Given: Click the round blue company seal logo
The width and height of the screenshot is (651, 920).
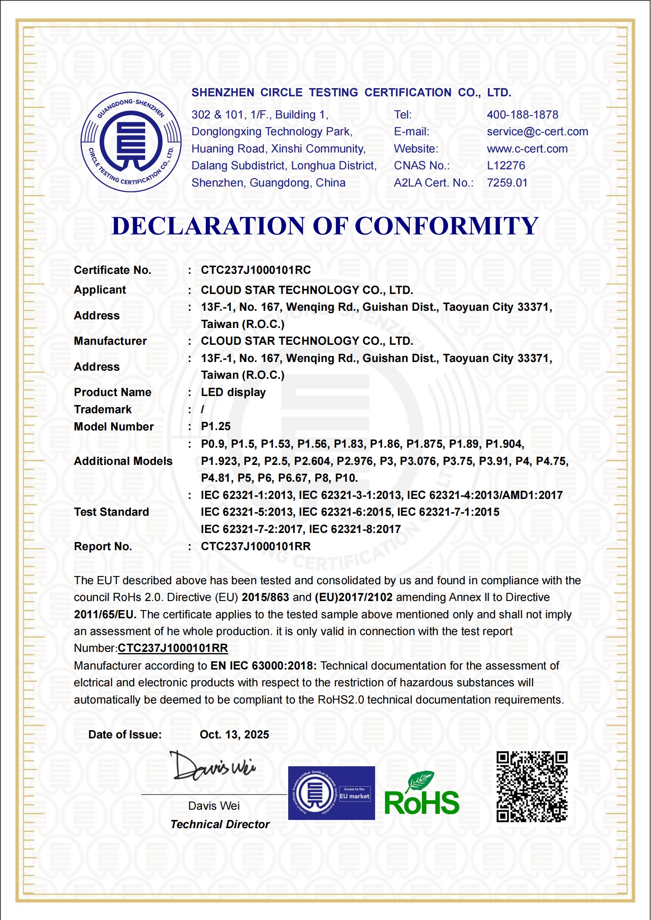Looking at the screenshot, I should [x=131, y=142].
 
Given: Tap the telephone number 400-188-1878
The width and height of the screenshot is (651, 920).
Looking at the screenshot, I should [x=522, y=115].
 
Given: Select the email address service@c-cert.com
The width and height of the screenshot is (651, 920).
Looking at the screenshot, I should [x=537, y=132].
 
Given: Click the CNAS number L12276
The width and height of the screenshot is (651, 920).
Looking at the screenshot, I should [x=506, y=166].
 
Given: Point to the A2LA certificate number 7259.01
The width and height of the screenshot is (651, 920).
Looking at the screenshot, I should [x=507, y=183].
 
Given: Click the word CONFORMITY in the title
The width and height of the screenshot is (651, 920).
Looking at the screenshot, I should [x=446, y=226].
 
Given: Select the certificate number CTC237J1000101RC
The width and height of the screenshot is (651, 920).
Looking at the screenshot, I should [x=256, y=270].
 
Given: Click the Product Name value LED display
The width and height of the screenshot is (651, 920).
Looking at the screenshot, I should [x=233, y=392].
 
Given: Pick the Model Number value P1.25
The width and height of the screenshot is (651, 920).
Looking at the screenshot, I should [x=216, y=426].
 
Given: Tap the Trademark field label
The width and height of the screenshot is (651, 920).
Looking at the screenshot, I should [x=102, y=410].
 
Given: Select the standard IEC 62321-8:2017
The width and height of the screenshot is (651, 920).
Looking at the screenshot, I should [x=355, y=529].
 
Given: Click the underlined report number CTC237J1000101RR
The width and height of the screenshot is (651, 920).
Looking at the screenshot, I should [x=173, y=648].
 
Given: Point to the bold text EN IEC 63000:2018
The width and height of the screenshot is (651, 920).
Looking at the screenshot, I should [x=263, y=665].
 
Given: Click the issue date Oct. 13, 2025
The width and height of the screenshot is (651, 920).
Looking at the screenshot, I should [x=234, y=734].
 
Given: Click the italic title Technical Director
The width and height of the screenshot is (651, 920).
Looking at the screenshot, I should [x=220, y=824].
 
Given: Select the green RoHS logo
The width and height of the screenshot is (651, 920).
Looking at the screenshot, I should [x=421, y=795].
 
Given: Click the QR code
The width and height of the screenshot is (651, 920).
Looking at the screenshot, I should [x=532, y=787].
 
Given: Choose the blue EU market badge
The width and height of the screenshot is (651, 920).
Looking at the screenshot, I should [x=331, y=793].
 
